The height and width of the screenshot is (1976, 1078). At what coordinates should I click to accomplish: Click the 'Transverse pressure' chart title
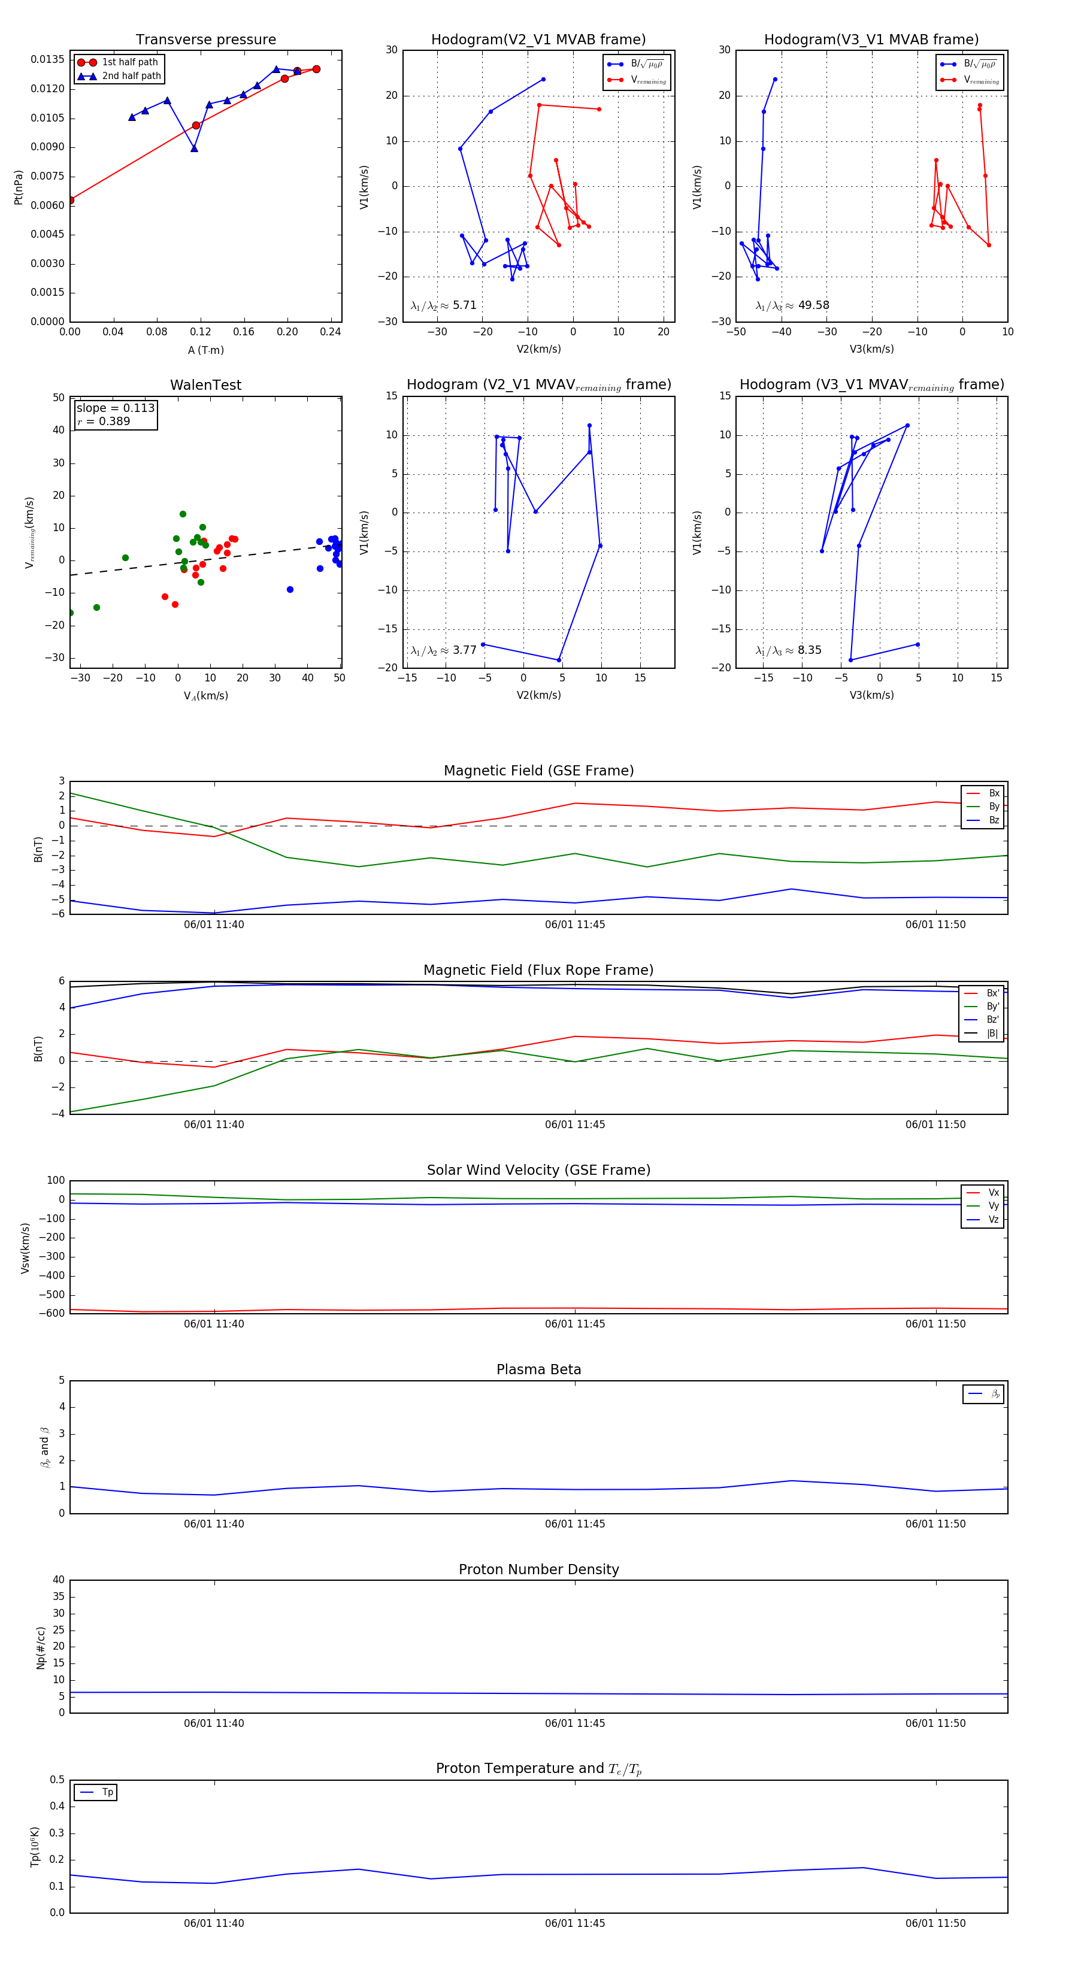205,40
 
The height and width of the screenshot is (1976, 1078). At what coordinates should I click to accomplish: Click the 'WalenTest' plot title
205,385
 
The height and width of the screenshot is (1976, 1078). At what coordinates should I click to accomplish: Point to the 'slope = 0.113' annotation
115,408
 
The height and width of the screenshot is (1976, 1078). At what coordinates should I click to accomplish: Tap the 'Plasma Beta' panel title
538,1369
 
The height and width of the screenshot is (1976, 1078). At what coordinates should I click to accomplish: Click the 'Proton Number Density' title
538,1569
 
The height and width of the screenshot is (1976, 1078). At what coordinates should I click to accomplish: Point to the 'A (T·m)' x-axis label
205,350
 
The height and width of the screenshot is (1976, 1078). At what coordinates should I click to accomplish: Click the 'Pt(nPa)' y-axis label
19,187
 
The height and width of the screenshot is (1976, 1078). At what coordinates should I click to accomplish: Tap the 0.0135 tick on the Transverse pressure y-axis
47,60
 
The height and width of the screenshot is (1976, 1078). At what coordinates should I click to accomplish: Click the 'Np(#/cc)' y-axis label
41,1648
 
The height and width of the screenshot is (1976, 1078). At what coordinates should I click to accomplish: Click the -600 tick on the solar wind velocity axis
54,1313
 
